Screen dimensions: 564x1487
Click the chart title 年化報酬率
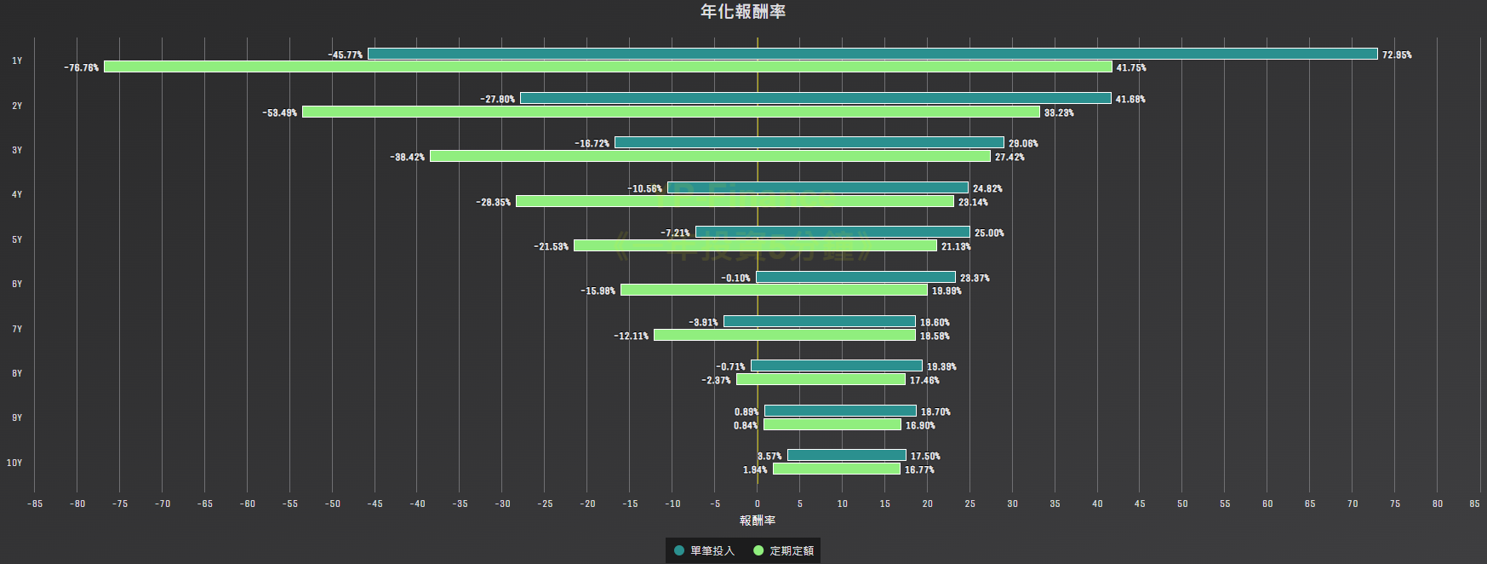coord(742,11)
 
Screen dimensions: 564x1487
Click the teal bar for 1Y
coord(872,54)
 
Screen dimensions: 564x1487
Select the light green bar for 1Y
coord(608,66)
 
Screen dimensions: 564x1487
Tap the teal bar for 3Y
coord(809,142)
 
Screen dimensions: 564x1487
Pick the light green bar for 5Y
coord(755,245)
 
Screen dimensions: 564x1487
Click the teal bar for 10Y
coord(846,455)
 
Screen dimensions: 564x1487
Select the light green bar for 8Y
coord(821,379)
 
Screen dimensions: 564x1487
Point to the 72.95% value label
coord(1397,55)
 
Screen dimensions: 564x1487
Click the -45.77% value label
coord(346,55)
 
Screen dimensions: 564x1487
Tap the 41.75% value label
coord(1131,67)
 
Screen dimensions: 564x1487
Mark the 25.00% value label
coord(989,233)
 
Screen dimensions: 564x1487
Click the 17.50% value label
coord(925,456)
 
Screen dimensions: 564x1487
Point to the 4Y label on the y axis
coord(17,194)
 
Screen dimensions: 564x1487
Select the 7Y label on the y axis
coord(17,329)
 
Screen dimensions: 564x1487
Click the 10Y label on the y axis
coord(14,463)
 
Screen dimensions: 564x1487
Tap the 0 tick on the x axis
coord(758,504)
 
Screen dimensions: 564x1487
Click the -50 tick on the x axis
coord(332,504)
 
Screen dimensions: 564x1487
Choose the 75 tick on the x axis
coord(1395,504)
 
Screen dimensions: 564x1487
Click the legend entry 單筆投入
coord(704,550)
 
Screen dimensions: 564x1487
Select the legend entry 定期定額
coord(784,550)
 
